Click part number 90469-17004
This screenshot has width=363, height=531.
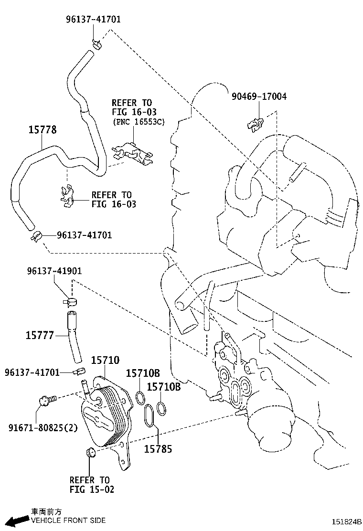click(259, 96)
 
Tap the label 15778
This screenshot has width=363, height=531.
click(42, 129)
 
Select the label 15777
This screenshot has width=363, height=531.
click(40, 335)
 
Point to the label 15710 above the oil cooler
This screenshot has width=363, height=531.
click(105, 360)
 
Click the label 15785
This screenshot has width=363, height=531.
click(158, 449)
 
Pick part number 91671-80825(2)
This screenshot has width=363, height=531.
click(42, 427)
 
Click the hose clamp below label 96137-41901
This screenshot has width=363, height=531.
click(71, 302)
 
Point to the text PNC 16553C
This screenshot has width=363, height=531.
click(139, 122)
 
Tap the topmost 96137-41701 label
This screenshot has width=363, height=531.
click(93, 20)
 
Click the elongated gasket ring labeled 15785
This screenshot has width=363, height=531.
click(149, 415)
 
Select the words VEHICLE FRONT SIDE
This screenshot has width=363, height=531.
click(68, 520)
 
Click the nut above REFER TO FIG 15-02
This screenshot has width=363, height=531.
click(89, 452)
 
